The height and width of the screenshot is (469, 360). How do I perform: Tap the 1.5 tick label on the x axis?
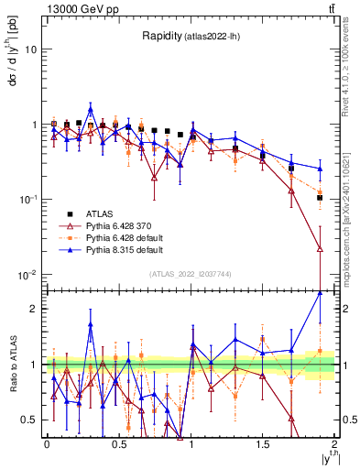263,443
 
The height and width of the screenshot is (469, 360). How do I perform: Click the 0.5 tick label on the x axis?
118,443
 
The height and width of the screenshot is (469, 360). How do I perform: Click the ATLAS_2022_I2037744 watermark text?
191,274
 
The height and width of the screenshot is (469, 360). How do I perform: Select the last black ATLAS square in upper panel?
320,198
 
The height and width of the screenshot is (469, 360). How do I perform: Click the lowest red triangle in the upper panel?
320,248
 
